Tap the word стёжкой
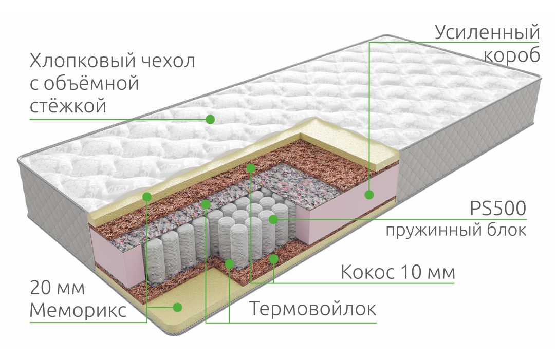tap(68, 106)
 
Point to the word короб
tap(511, 55)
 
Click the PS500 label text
tap(498, 209)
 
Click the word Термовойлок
tap(313, 308)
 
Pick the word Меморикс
tap(78, 311)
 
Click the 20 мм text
tap(58, 288)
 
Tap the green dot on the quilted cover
tap(210, 119)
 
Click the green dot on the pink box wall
tap(369, 194)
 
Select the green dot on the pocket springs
tap(273, 219)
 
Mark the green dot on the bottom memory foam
tap(177, 307)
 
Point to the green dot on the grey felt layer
tap(205, 204)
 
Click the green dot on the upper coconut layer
tap(251, 168)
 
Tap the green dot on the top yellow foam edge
tap(147, 196)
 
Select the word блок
tap(509, 230)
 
